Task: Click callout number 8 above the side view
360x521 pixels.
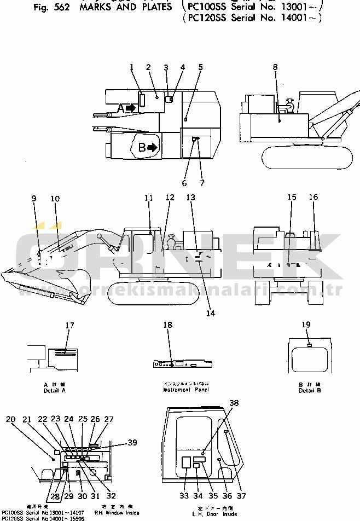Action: click(x=275, y=67)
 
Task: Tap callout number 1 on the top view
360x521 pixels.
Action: click(x=132, y=67)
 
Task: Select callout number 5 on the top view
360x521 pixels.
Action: click(x=201, y=67)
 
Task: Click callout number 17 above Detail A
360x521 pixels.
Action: click(x=69, y=326)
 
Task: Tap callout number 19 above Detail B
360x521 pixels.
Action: click(x=306, y=324)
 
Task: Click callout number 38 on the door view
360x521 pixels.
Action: click(x=234, y=403)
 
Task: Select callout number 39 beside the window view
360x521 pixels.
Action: click(x=132, y=442)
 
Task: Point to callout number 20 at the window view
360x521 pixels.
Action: click(x=11, y=419)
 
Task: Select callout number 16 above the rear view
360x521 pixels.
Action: click(x=313, y=198)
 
